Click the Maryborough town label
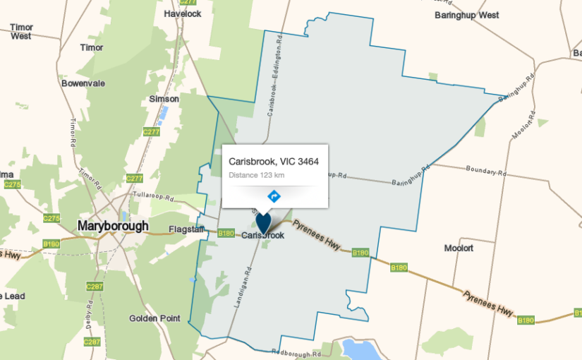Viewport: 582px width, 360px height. [113, 227]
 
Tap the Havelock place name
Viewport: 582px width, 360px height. [182, 13]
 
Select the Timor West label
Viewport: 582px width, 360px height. [21, 31]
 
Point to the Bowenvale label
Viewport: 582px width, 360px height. [83, 83]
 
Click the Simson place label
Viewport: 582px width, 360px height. [164, 100]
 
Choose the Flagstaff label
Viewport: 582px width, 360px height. [186, 229]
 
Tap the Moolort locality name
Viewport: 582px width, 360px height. [459, 248]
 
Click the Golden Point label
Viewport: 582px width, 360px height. [154, 318]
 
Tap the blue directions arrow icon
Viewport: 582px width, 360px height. [274, 196]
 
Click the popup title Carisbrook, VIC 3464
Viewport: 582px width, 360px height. [274, 162]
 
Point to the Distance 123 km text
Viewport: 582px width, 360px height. [257, 175]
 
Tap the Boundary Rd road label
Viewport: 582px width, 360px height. [487, 170]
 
